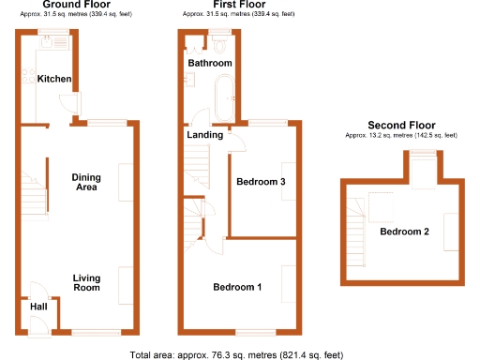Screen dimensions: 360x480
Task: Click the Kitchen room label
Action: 54,79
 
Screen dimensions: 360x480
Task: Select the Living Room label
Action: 86,282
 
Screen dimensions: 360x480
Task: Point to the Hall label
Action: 37,307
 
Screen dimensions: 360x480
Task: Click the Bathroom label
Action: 209,63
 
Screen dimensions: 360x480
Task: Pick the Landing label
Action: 203,135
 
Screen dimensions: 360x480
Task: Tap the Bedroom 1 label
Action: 237,287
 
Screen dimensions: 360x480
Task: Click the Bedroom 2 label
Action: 404,232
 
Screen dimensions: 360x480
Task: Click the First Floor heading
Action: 236,6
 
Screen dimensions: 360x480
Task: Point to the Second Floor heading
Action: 401,125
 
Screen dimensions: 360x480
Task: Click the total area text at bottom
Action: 235,354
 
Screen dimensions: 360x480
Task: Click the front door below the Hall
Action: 40,325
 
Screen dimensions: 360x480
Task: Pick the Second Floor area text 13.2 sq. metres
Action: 401,136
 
